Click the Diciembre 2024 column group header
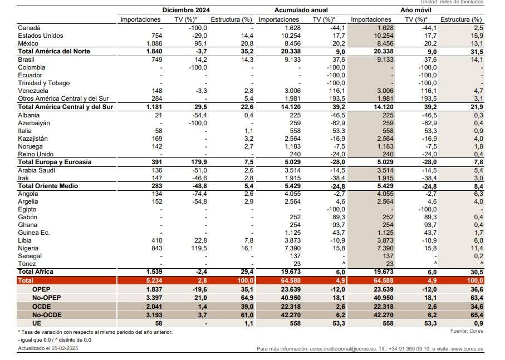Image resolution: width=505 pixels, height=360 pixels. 186,10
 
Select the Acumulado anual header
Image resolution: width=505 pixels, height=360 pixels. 301,10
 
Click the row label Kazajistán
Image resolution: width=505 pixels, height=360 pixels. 35,139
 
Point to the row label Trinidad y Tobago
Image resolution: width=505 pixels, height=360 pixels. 44,83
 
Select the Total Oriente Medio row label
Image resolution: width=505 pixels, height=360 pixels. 48,185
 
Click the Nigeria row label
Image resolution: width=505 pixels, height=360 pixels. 28,248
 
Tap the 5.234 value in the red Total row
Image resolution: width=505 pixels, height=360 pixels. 151,282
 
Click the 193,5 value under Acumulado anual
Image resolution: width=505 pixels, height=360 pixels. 336,98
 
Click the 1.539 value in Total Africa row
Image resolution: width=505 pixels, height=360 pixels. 151,272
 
